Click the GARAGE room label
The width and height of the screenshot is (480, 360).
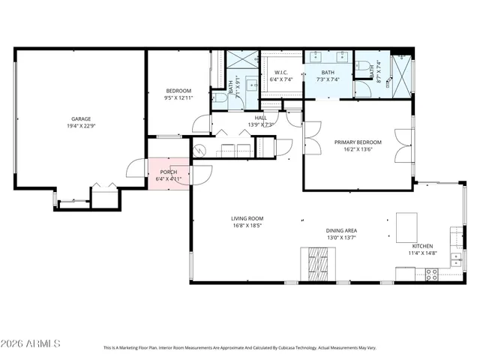81,118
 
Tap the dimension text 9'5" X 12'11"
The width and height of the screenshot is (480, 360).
178,97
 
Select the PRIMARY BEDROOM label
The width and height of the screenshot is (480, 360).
358,142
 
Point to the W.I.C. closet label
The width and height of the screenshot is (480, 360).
282,72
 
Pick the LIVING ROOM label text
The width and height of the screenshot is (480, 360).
247,218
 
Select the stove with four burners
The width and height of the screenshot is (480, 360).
432,274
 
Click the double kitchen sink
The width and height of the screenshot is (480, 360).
456,259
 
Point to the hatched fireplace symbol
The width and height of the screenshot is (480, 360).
315,263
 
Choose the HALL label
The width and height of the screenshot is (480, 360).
260,118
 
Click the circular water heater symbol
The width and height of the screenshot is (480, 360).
199,150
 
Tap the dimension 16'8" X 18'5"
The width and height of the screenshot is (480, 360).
247,225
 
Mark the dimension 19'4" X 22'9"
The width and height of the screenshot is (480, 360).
81,125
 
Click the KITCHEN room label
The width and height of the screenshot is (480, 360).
423,246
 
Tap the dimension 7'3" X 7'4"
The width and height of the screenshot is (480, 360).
328,79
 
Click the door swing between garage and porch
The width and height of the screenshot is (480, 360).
136,169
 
